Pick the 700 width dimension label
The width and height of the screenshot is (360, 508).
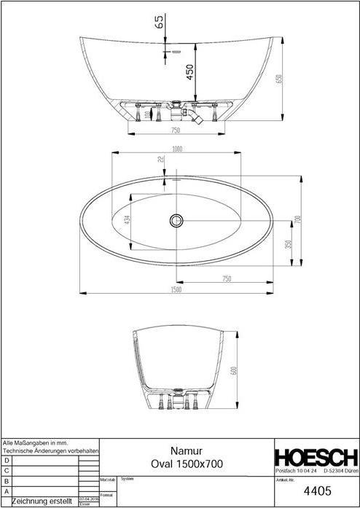(297, 219)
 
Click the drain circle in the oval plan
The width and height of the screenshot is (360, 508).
(176, 219)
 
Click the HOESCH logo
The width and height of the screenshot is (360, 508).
(316, 458)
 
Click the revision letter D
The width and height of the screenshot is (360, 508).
(7, 461)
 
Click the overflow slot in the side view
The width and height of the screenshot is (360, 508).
(176, 52)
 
